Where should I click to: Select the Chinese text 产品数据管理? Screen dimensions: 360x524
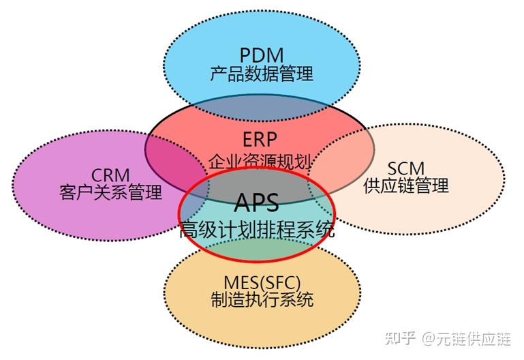(262, 73)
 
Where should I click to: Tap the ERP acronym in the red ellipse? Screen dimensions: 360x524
(260, 140)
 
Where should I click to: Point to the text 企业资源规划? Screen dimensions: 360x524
(260, 162)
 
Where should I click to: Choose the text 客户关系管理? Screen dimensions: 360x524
(110, 192)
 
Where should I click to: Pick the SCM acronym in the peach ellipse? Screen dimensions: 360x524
(406, 168)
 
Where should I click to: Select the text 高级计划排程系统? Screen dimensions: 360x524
(257, 230)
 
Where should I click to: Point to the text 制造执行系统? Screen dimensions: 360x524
(262, 299)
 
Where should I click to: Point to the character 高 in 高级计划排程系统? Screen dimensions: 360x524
(189, 230)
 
